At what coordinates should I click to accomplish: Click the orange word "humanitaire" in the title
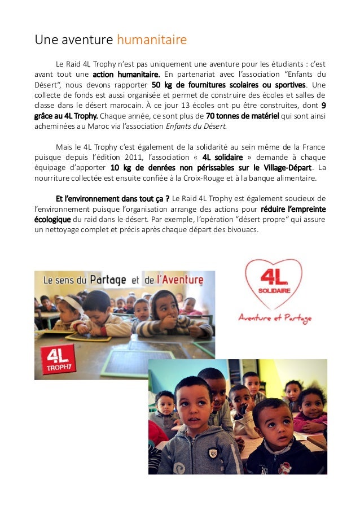coord(151,40)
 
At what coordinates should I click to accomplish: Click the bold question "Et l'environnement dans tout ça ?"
coord(112,199)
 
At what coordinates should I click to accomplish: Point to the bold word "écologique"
coord(52,220)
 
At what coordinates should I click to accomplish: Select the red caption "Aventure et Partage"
coord(274,319)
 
